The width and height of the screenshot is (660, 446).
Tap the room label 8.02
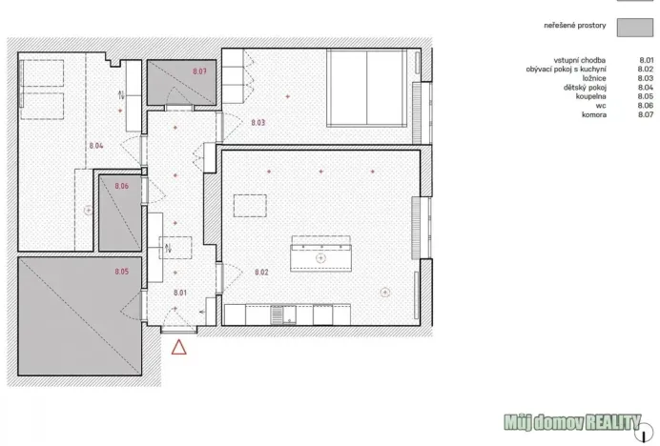point(261,273)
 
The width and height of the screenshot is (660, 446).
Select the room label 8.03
point(258,123)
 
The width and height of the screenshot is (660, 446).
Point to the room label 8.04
point(95,145)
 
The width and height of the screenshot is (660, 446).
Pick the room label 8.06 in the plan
point(121,186)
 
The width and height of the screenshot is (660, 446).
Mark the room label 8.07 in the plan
point(199,71)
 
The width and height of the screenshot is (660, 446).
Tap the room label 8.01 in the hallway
point(180,294)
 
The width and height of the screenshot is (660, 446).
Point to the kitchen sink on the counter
point(278,313)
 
